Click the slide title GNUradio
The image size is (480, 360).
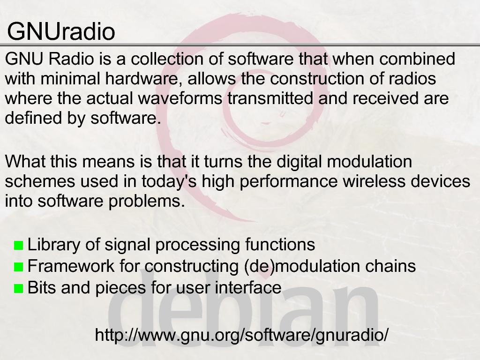[61, 31]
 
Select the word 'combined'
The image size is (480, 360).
[417, 59]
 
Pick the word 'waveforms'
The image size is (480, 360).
[180, 98]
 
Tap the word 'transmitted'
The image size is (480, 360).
[270, 98]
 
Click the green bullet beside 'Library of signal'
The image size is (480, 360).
[19, 246]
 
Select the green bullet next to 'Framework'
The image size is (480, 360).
[19, 267]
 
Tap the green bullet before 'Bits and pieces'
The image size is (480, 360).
[19, 289]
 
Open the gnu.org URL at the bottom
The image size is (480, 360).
[242, 335]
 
